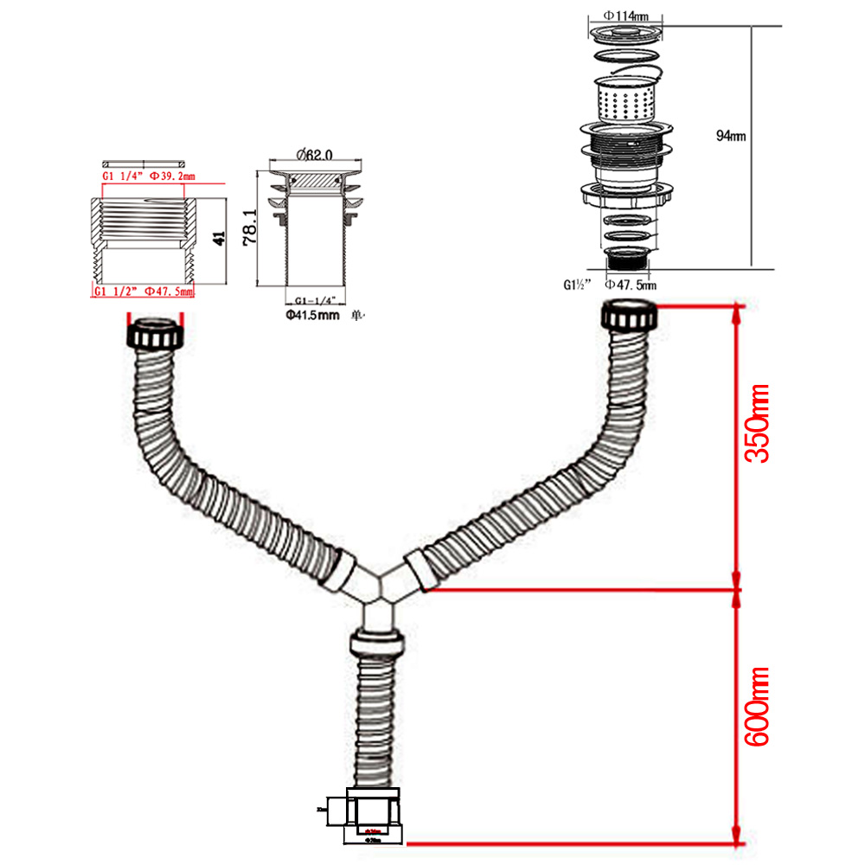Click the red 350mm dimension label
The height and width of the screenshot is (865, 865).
758,425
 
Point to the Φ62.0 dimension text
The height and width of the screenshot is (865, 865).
312,155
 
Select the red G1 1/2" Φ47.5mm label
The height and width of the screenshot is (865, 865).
143,292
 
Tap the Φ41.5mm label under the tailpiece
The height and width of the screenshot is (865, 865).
312,314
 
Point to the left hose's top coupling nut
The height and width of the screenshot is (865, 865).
156,334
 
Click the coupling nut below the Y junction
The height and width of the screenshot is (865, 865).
377,644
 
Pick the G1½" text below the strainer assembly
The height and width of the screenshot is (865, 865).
579,284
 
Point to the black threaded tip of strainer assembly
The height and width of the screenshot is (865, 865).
625,258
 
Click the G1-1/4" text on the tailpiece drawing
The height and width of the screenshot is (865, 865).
312,300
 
